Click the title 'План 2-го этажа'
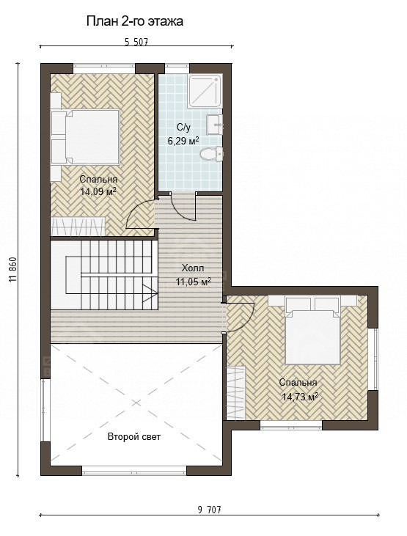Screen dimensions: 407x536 click(134, 21)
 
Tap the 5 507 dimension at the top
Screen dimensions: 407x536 click(136, 42)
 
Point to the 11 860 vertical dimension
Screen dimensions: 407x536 click(13, 269)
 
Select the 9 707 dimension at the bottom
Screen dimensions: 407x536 click(209, 510)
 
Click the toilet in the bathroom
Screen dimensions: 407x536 click(212, 154)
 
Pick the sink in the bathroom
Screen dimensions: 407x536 click(214, 125)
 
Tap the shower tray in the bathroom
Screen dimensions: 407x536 click(206, 91)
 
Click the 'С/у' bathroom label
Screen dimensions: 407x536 click(183, 128)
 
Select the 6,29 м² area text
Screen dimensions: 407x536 click(183, 141)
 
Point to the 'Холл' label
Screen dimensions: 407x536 click(193, 268)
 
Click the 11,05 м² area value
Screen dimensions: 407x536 click(194, 282)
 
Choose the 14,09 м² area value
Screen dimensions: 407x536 click(98, 191)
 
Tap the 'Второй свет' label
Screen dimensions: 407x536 click(134, 436)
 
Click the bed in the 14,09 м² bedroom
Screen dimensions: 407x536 click(86, 136)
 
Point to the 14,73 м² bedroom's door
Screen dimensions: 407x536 click(240, 317)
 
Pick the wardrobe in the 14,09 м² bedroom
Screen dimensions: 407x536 click(78, 226)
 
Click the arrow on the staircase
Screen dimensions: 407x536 click(150, 293)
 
